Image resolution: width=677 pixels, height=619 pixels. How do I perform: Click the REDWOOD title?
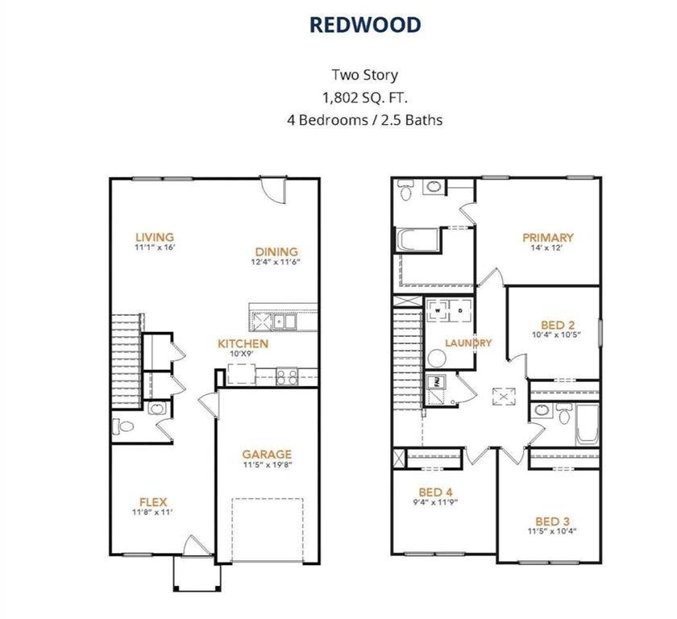[365, 25]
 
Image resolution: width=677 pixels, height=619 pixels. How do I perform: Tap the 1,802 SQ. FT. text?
[365, 98]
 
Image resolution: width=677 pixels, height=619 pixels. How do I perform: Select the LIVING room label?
[155, 237]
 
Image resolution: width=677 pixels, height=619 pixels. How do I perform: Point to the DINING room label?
[276, 251]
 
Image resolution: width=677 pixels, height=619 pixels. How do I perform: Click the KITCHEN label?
[243, 343]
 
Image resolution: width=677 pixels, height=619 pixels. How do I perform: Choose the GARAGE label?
[267, 455]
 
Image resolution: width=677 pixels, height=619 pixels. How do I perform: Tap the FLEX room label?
[152, 502]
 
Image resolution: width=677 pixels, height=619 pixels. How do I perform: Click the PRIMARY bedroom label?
[548, 238]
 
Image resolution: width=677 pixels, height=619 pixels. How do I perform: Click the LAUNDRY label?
[468, 343]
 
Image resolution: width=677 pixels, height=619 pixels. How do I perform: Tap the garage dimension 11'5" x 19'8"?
[267, 465]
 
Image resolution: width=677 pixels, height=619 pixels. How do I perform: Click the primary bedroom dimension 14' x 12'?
[548, 248]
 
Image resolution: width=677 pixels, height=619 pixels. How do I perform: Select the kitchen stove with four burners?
[286, 374]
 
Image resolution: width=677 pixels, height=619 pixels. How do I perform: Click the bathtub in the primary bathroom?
[417, 241]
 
